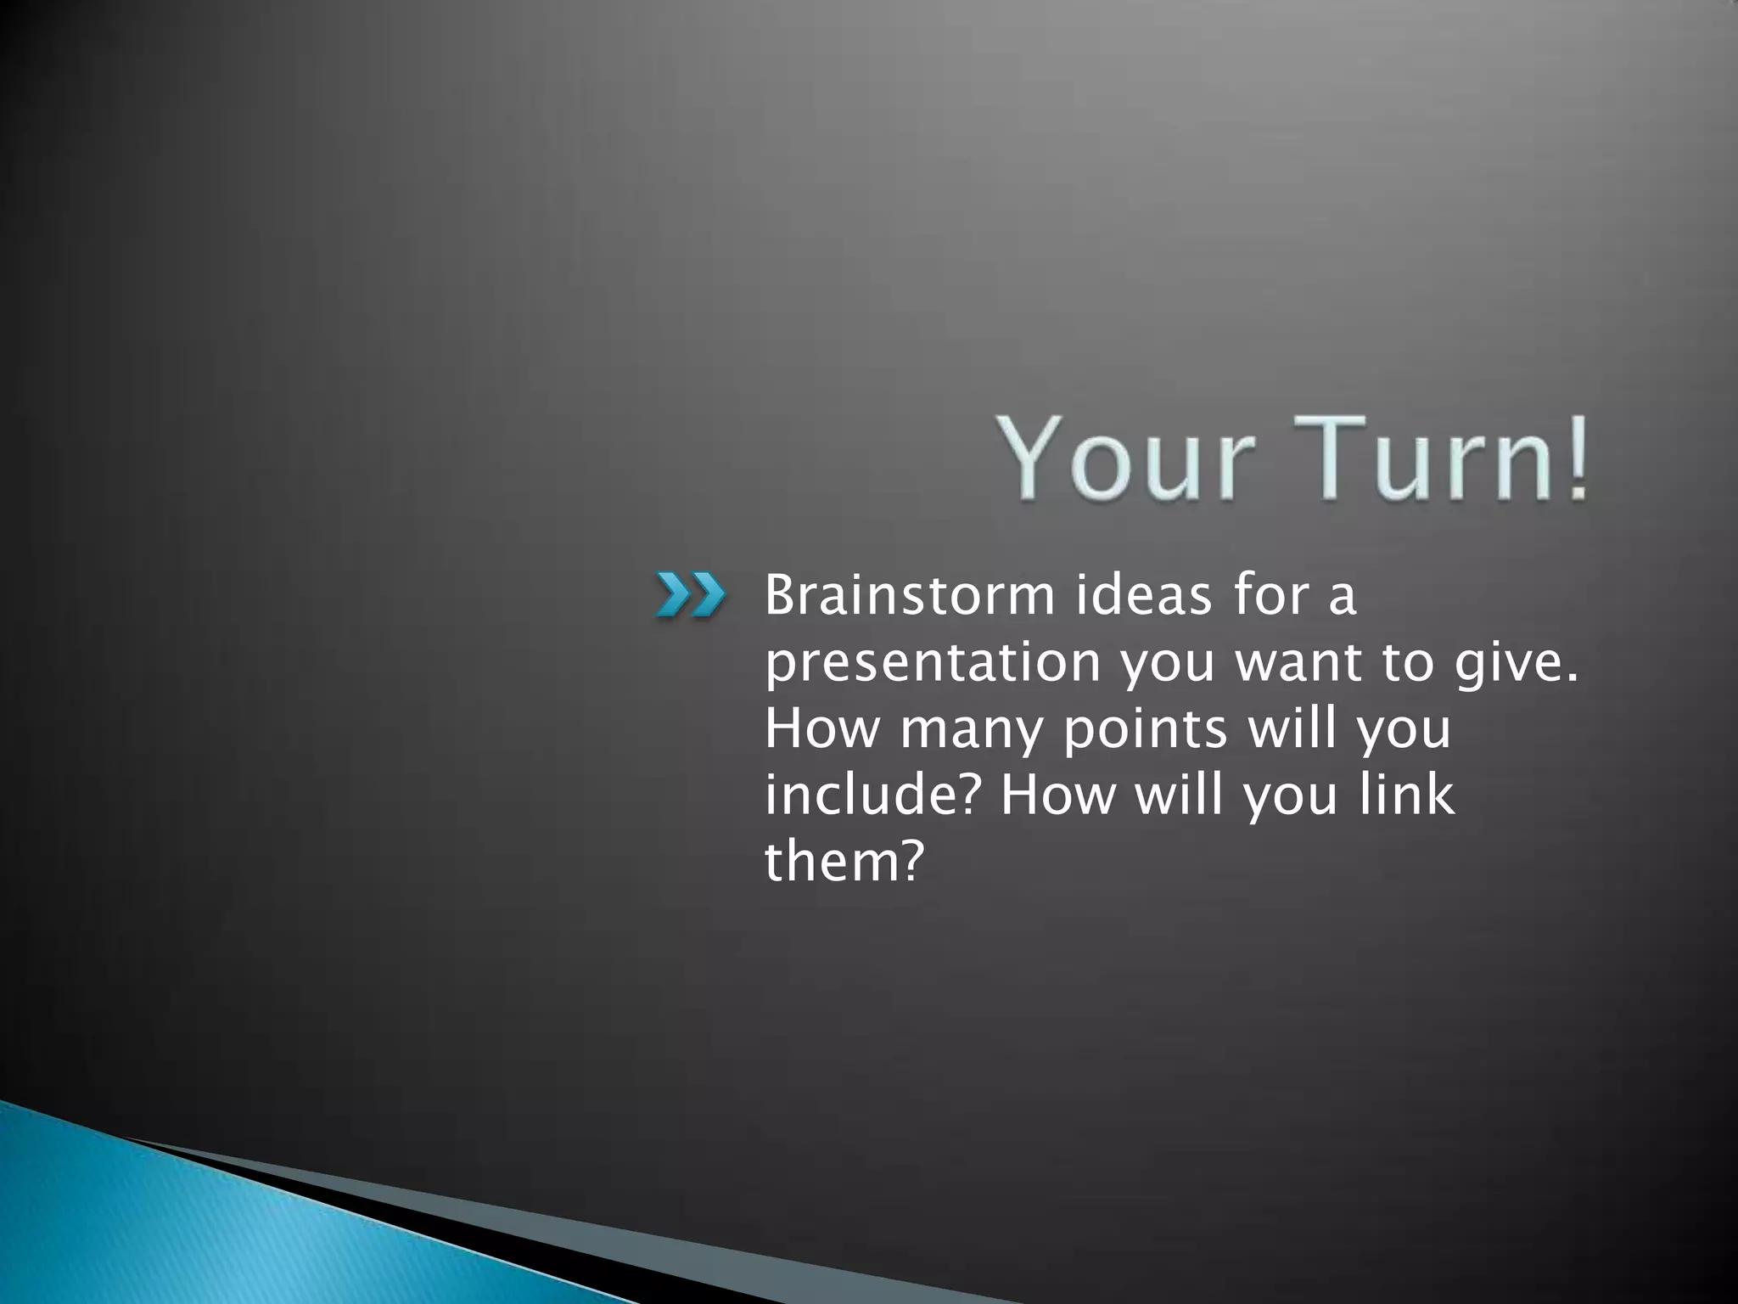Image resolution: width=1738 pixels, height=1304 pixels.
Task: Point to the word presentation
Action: (x=933, y=663)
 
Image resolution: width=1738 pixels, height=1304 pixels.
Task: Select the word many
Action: (x=970, y=730)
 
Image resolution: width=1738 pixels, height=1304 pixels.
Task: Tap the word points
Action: (x=1145, y=730)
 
